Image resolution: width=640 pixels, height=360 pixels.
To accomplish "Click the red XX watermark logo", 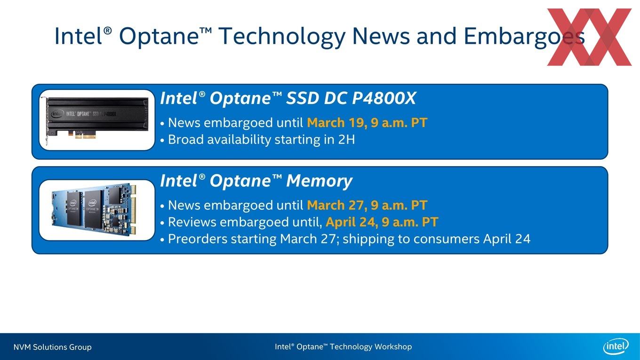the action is pyautogui.click(x=589, y=37).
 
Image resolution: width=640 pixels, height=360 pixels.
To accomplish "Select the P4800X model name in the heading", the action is pyautogui.click(x=384, y=98).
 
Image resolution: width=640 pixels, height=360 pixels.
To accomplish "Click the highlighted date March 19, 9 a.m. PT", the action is pyautogui.click(x=367, y=123).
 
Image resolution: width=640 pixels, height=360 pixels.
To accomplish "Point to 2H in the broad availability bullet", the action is pyautogui.click(x=346, y=140).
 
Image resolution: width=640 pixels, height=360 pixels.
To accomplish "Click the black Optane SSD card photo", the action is pyautogui.click(x=97, y=120).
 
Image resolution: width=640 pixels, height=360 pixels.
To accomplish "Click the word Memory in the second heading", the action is pyautogui.click(x=320, y=181).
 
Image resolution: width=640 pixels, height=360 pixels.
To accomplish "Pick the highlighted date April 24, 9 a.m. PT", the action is pyautogui.click(x=382, y=222).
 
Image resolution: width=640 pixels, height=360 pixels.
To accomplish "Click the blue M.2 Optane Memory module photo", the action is pyautogui.click(x=94, y=209).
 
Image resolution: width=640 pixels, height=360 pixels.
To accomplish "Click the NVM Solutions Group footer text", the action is pyautogui.click(x=53, y=347).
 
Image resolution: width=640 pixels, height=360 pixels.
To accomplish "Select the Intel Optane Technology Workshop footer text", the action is pyautogui.click(x=344, y=347).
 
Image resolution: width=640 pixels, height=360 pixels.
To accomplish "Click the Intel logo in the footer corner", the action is pyautogui.click(x=616, y=346).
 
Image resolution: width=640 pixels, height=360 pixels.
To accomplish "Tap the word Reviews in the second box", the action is pyautogui.click(x=192, y=222).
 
